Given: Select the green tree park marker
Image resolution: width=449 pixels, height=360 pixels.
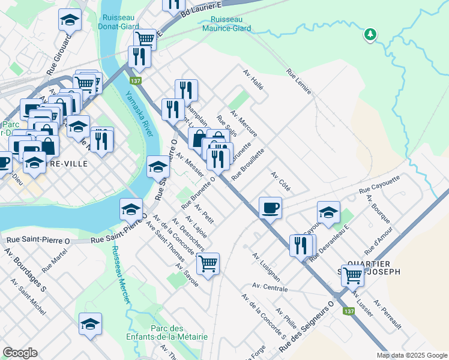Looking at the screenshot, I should (x=370, y=34).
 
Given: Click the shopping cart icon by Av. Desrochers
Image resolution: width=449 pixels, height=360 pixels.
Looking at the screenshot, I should (x=208, y=263).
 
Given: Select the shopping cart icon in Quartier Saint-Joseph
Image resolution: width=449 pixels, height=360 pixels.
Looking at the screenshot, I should (x=352, y=275).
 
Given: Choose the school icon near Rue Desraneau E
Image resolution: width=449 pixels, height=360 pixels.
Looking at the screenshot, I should (x=328, y=212).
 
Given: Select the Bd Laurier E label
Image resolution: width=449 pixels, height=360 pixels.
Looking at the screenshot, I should (x=203, y=10).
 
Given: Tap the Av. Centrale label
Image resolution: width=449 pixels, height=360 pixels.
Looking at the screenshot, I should (x=270, y=286).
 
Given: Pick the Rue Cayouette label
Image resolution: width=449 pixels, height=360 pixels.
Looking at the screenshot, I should (x=379, y=184).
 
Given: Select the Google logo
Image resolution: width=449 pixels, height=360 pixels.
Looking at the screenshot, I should (x=20, y=353).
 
